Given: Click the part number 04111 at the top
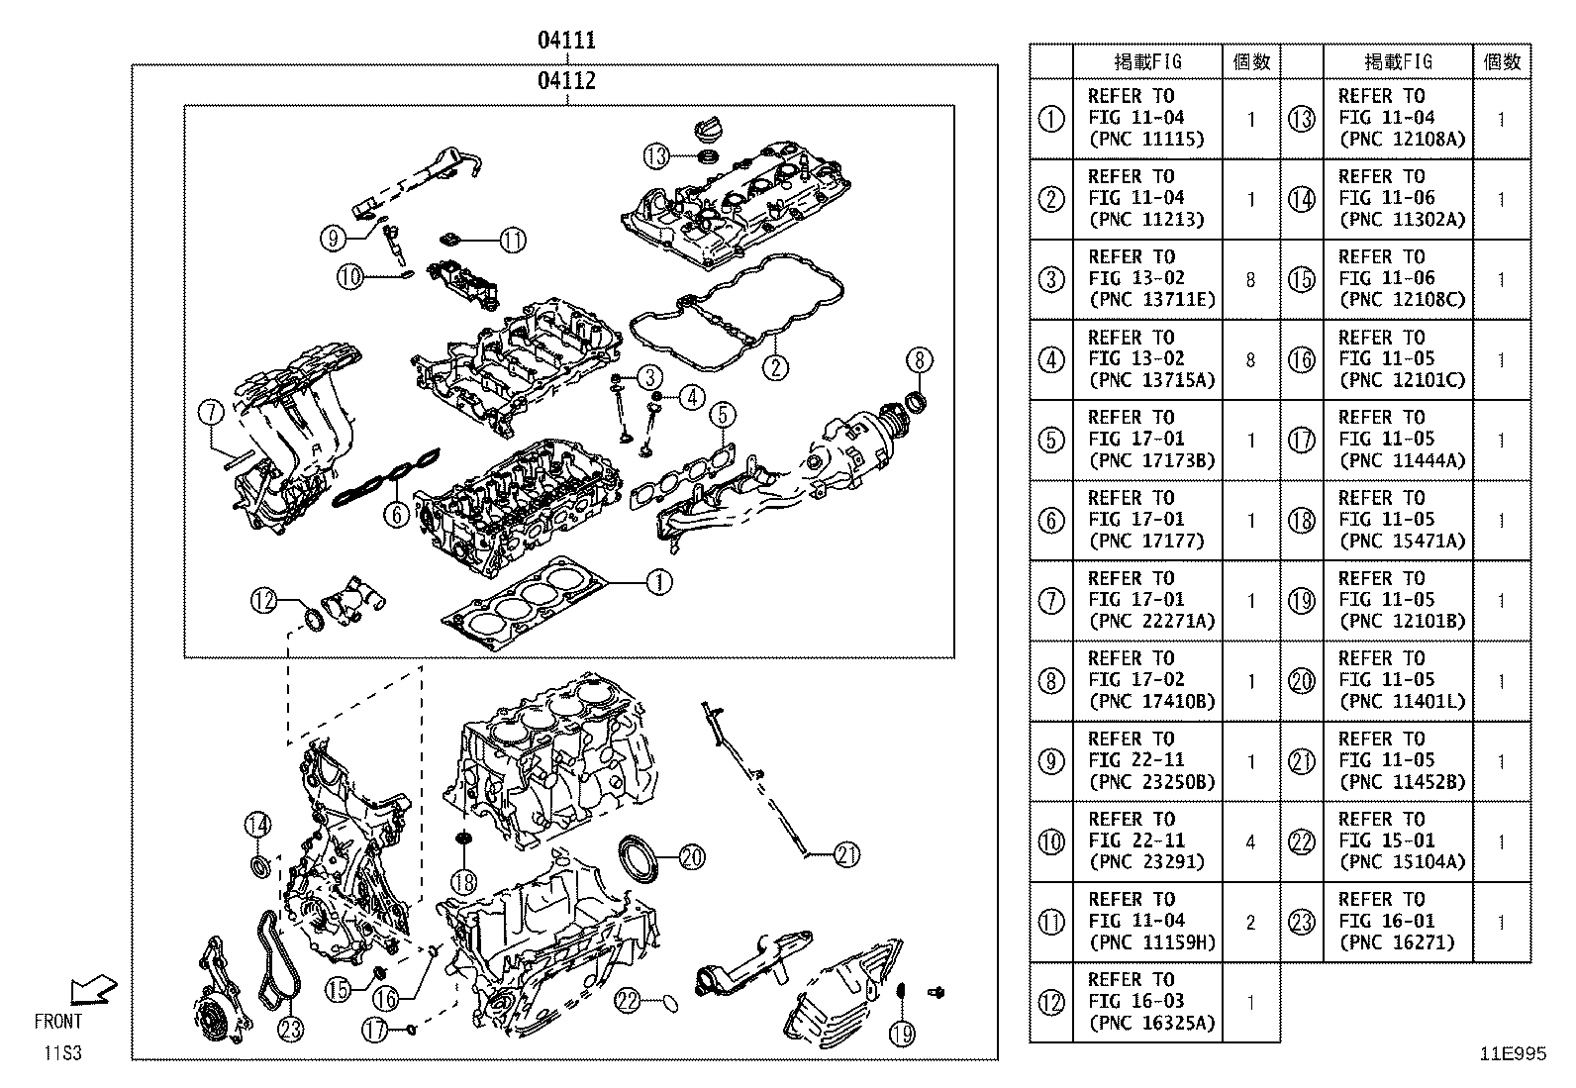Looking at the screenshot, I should (566, 41).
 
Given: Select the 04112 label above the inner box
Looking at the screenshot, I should (566, 80).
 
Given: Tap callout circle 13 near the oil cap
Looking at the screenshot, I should (657, 155).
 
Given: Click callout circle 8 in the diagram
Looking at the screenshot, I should (918, 359).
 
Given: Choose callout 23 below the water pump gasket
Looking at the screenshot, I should (289, 1030).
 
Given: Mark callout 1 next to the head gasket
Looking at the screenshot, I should (658, 583).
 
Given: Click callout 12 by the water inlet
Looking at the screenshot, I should (262, 600).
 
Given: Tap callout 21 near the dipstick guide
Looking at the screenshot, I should (846, 853).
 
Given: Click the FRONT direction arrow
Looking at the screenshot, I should (95, 989).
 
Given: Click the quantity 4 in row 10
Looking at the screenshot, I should (1250, 842).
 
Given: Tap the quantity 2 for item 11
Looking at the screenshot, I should (1250, 923).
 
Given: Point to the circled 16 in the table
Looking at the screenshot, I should (1302, 360).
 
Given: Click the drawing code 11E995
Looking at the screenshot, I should (1512, 1054).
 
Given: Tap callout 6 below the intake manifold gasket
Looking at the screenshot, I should (396, 513).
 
